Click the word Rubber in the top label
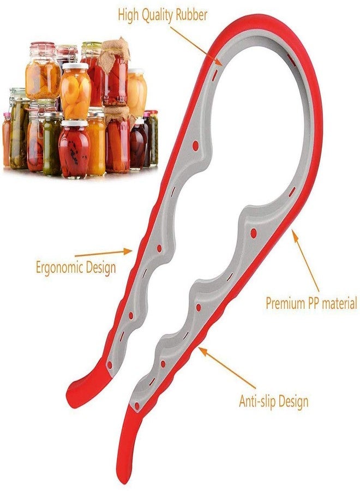191,14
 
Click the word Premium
285,303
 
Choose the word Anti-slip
258,400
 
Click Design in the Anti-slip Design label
293,401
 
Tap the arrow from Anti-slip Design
227,368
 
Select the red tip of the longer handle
125,448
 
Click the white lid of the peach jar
75,66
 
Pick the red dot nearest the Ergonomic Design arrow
159,249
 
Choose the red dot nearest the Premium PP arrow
254,233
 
